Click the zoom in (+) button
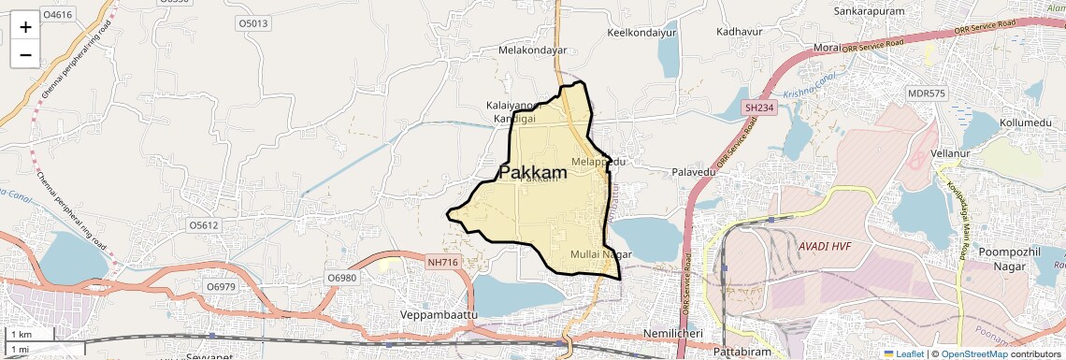tap(25, 26)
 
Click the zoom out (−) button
tap(25, 54)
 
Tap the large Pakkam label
tap(533, 173)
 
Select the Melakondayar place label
tap(533, 50)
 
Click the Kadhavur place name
tap(740, 31)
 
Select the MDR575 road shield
tap(927, 94)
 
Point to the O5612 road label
tap(203, 225)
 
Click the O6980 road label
tap(342, 279)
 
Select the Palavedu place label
tap(694, 173)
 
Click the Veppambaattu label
tap(438, 315)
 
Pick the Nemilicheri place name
tap(680, 334)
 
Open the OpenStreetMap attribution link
tap(973, 353)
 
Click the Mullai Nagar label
tap(601, 254)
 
